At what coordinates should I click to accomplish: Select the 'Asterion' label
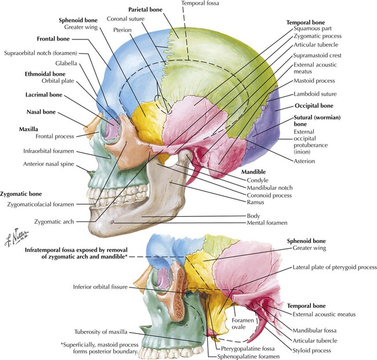(x=304, y=161)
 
